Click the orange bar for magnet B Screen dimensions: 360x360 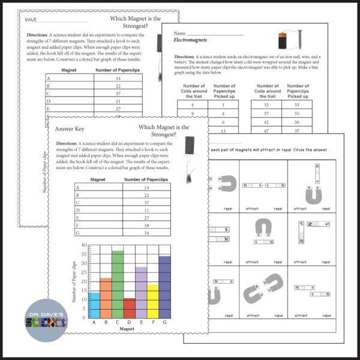pyautogui.click(x=106, y=298)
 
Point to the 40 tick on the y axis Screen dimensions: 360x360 pyautogui.click(x=83, y=246)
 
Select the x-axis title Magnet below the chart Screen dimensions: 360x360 pyautogui.click(x=129, y=329)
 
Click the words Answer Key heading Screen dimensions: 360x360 pyautogui.click(x=71, y=128)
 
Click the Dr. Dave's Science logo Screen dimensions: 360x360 pyautogui.click(x=47, y=320)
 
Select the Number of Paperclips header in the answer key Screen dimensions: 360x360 pyautogui.click(x=147, y=179)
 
